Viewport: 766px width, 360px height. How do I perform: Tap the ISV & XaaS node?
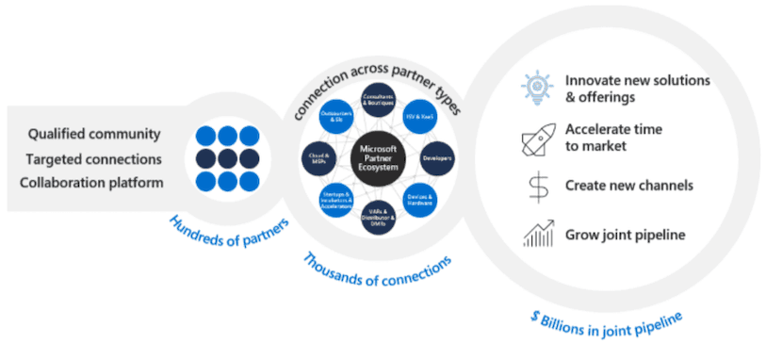[417, 116]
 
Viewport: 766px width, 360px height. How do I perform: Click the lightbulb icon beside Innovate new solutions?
[535, 88]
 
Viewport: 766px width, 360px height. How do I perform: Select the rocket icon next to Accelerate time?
[535, 139]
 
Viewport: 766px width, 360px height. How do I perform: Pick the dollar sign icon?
[536, 187]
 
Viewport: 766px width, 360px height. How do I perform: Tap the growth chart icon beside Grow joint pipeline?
[536, 233]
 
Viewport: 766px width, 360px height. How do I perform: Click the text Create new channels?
[628, 186]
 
